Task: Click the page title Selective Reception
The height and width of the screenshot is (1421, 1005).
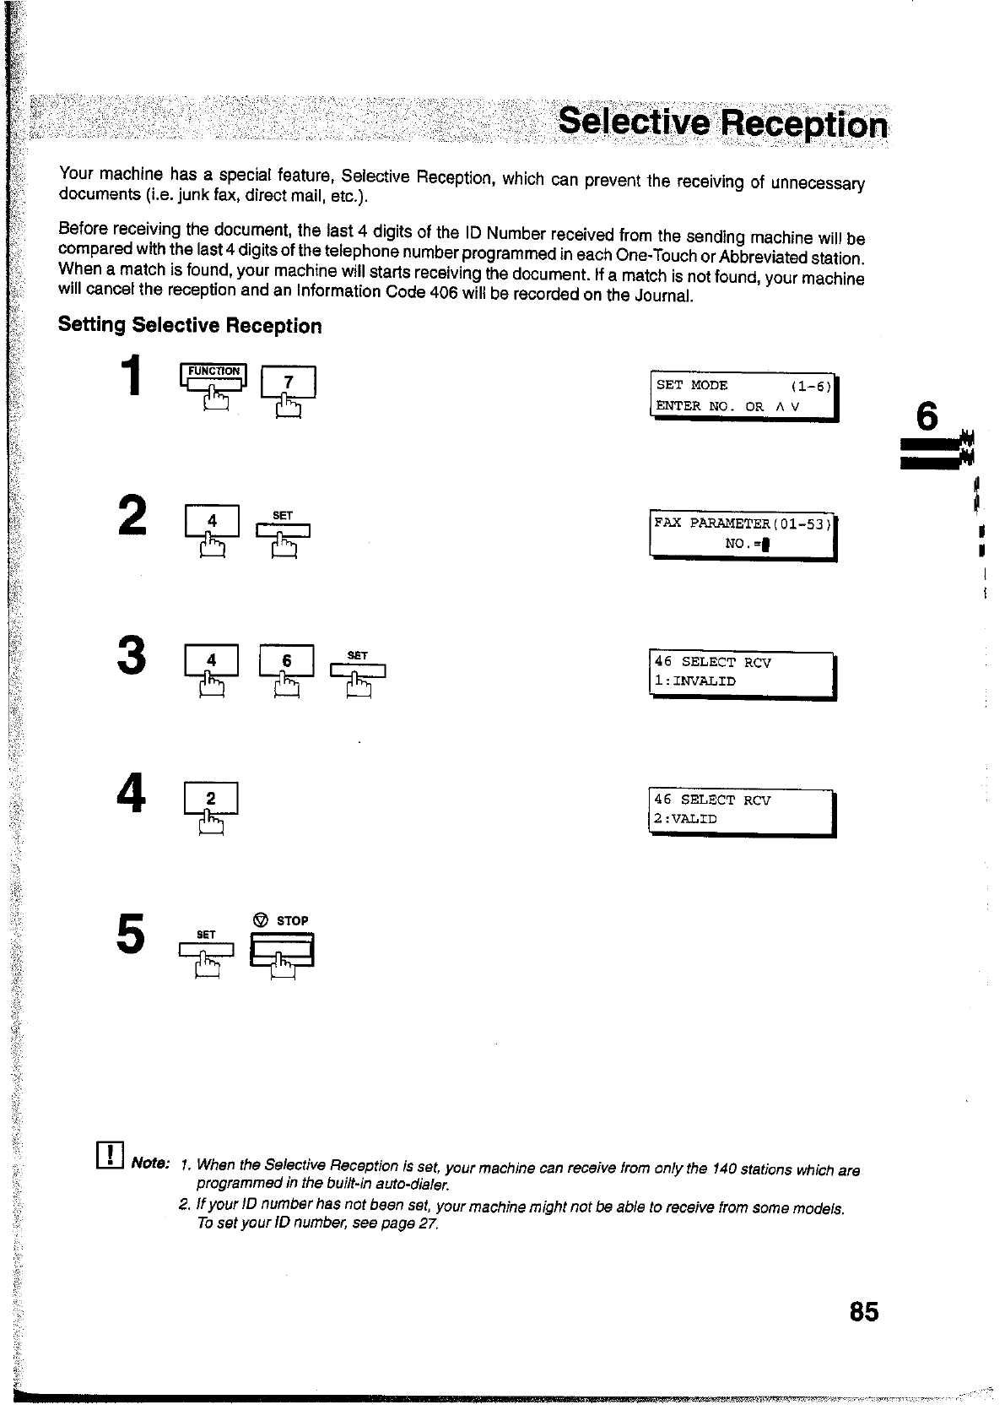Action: click(722, 123)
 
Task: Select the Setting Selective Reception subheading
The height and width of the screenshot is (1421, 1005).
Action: click(190, 326)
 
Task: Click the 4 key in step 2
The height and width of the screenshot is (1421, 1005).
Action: click(213, 522)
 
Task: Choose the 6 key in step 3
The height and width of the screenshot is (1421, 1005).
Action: click(287, 661)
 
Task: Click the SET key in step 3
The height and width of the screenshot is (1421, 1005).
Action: click(358, 670)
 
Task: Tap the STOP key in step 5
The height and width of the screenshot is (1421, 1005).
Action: click(282, 949)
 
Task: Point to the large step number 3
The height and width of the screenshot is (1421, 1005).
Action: click(132, 657)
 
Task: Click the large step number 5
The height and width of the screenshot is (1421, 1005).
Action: click(131, 934)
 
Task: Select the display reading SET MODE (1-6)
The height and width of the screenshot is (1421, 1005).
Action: click(743, 395)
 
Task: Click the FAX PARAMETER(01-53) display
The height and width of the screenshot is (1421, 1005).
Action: click(743, 534)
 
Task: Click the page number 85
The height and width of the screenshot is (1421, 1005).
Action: click(864, 1311)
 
